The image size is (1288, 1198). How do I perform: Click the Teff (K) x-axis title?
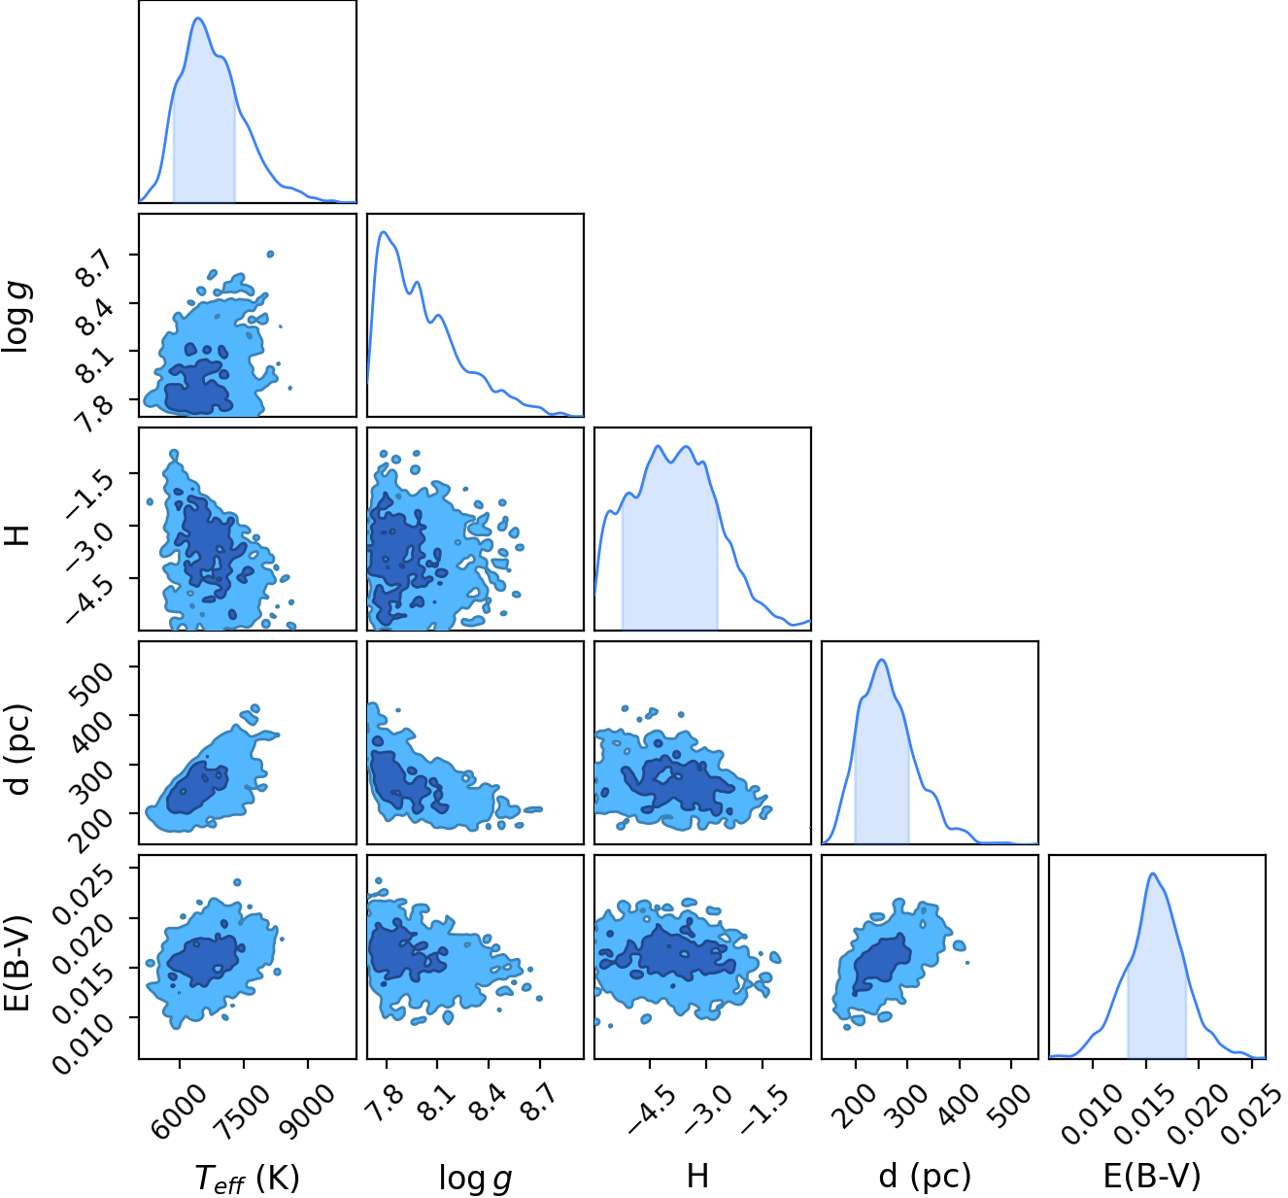coord(247,1176)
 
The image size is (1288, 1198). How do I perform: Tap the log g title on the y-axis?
coord(17,315)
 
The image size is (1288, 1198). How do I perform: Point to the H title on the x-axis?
coord(697,1176)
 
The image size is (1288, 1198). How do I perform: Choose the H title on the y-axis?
coord(17,534)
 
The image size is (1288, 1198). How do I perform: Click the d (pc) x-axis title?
coord(925,1176)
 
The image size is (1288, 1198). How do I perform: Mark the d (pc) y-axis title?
coord(18,749)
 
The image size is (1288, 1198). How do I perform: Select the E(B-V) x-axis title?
coord(1152,1176)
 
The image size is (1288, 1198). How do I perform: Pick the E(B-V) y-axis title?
coord(17,963)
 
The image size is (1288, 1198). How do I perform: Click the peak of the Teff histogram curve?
coord(198,18)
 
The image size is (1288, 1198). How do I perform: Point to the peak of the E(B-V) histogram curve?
coord(1152,873)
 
